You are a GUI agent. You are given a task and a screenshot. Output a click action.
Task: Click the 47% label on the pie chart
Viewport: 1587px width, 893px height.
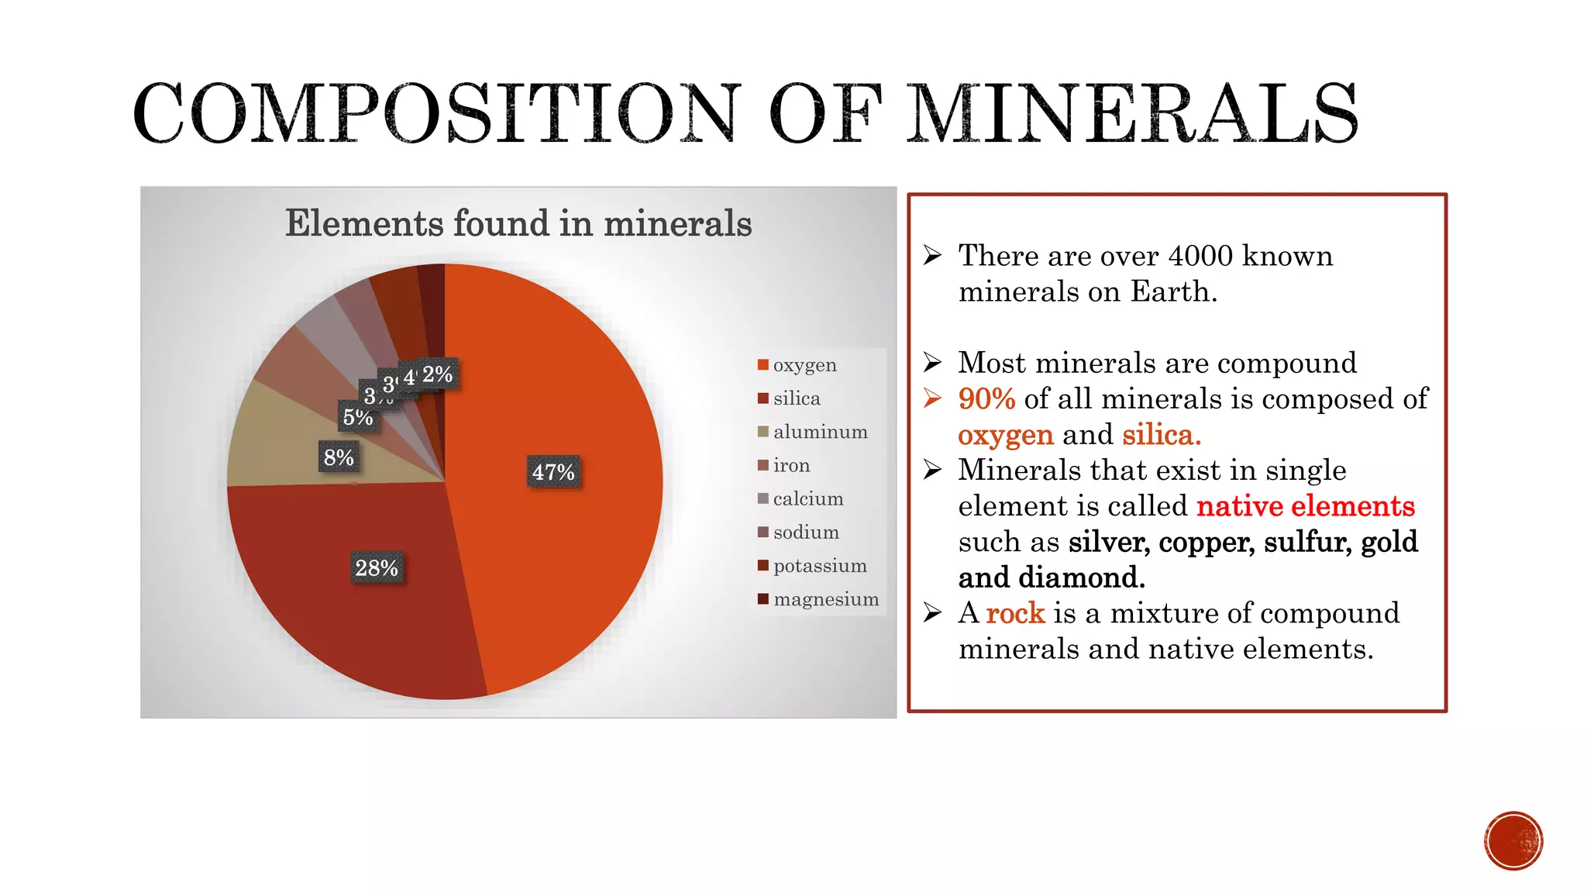click(x=553, y=472)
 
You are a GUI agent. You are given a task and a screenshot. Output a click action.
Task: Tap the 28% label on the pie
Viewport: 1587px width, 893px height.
click(x=377, y=568)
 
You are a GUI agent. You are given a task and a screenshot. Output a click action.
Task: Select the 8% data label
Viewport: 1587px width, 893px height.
click(x=339, y=457)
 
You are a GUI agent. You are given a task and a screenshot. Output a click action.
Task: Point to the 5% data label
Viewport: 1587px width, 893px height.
click(x=358, y=417)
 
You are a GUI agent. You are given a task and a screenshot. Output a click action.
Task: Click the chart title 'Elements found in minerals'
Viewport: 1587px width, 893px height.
click(x=518, y=223)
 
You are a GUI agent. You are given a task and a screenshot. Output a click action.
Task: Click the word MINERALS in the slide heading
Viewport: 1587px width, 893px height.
click(x=1132, y=114)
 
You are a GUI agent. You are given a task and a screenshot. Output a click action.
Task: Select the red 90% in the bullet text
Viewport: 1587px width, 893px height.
click(x=986, y=399)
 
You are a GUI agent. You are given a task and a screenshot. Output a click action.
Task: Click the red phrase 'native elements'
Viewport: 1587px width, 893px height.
click(x=1306, y=506)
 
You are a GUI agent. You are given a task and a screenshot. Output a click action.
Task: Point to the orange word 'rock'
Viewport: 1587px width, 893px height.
click(x=1015, y=613)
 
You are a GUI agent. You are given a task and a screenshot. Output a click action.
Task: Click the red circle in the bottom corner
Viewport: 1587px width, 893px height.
click(x=1513, y=841)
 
